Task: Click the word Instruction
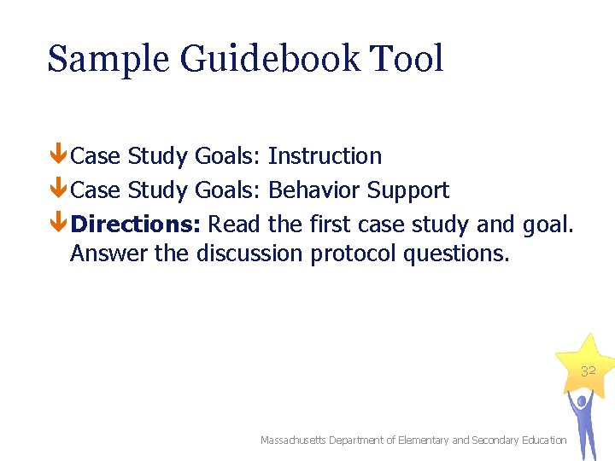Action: [325, 156]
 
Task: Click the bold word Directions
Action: [136, 225]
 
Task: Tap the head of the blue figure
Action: [581, 400]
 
